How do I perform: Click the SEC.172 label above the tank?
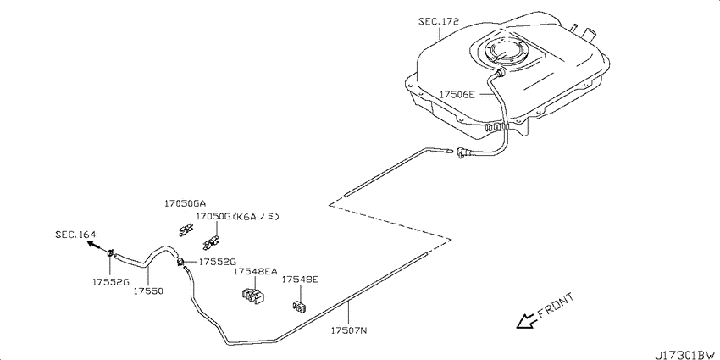(x=439, y=21)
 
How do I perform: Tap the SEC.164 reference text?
(x=75, y=235)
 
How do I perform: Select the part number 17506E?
(x=457, y=95)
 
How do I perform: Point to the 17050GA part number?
(x=186, y=204)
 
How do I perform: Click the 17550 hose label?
(x=148, y=291)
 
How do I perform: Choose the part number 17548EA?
(x=255, y=271)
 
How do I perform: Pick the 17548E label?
(x=300, y=280)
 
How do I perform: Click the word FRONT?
(x=556, y=306)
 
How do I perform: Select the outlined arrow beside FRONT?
(x=526, y=321)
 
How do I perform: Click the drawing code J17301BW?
(x=686, y=354)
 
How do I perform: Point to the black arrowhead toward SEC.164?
(x=91, y=244)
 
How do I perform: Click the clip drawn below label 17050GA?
(x=185, y=230)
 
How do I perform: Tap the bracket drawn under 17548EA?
(x=252, y=296)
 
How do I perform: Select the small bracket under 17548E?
(x=300, y=306)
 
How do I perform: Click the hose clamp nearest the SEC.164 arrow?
(x=110, y=252)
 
